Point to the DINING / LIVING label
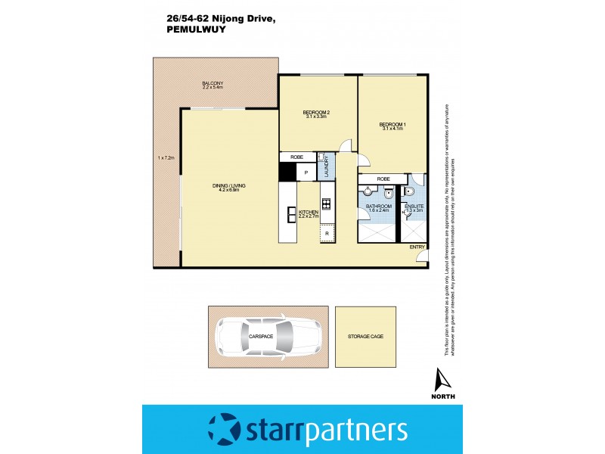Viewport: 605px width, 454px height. [228, 185]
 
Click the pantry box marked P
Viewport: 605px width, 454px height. [306, 173]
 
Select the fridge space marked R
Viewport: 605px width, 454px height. [327, 234]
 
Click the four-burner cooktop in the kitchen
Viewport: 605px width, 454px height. [327, 203]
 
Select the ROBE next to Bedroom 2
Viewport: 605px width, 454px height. [296, 157]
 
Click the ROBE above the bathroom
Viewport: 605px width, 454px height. [383, 179]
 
